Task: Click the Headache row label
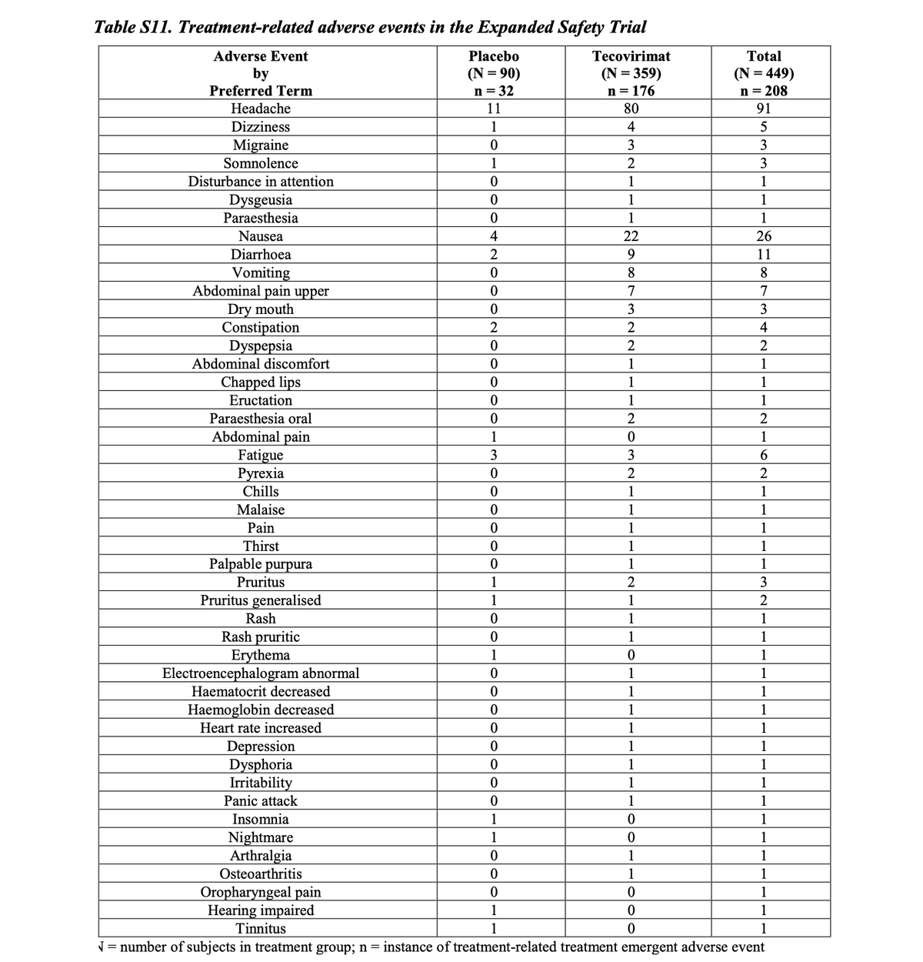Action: click(x=261, y=109)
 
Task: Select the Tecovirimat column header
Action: click(x=631, y=56)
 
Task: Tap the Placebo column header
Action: click(x=493, y=56)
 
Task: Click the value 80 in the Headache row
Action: click(x=631, y=109)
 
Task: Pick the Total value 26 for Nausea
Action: click(x=764, y=236)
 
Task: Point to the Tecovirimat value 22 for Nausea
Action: click(x=631, y=236)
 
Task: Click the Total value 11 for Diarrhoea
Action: click(x=764, y=255)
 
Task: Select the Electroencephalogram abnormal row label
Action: click(x=261, y=673)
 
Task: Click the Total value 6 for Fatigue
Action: click(x=764, y=455)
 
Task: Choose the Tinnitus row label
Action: click(x=261, y=929)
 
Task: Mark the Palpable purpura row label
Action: click(x=261, y=564)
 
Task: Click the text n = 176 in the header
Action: click(x=631, y=91)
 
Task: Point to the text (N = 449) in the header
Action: click(x=764, y=74)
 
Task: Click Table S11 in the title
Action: click(x=132, y=27)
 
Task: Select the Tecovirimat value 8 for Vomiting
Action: click(x=631, y=272)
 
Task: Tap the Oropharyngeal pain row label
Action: click(x=261, y=892)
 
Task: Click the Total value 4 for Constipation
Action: click(x=764, y=327)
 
